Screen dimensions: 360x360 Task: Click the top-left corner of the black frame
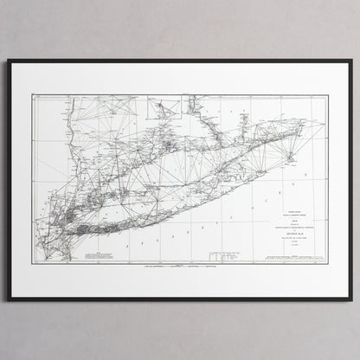coord(9,61)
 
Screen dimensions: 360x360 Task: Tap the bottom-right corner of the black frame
coord(351,300)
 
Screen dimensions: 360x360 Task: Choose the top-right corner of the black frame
coord(351,61)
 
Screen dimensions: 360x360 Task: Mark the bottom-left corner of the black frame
coord(9,300)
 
